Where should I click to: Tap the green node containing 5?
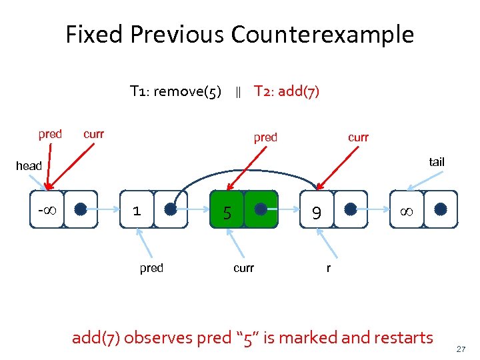[227, 212]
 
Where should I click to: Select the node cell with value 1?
[137, 211]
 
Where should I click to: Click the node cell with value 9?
[317, 212]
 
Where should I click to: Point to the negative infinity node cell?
[46, 211]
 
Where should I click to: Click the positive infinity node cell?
[406, 211]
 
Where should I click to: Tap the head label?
[29, 166]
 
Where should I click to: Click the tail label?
[437, 162]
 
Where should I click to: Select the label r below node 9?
[328, 268]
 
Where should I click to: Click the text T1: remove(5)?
[175, 91]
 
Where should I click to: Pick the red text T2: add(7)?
[287, 91]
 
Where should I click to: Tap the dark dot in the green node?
[261, 209]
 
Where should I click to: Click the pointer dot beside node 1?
[171, 209]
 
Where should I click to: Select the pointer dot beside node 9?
[351, 209]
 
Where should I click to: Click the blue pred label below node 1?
[151, 268]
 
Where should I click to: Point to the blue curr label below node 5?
[243, 268]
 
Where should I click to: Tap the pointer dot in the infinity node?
[440, 209]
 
